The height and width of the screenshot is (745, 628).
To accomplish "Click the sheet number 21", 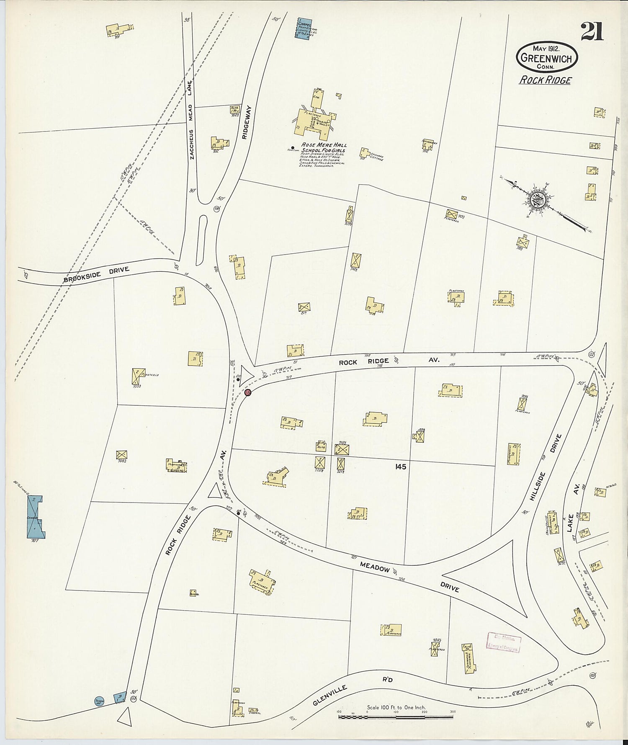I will point(592,31).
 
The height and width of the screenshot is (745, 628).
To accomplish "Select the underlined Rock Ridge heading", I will point(545,80).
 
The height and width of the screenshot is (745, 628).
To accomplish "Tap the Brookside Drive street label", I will point(97,277).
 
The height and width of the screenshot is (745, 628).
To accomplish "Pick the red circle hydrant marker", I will point(247,392).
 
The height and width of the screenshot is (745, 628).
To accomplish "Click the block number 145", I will point(400,467).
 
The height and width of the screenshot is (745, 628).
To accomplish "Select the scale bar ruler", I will point(396,717).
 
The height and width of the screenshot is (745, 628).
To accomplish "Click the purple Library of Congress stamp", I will point(504,642).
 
